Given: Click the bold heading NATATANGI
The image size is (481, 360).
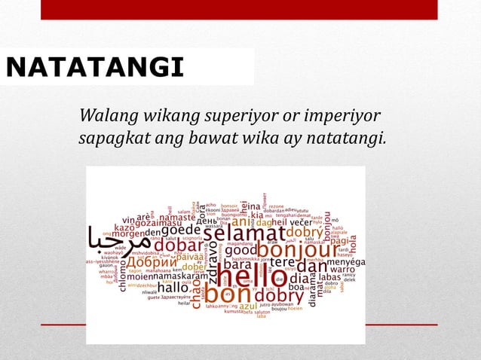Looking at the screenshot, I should point(94,68).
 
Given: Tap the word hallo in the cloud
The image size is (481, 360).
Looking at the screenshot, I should point(173,287).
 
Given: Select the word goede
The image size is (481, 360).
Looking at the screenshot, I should point(181,230).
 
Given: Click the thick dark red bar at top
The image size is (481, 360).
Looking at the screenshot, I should point(238,9).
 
